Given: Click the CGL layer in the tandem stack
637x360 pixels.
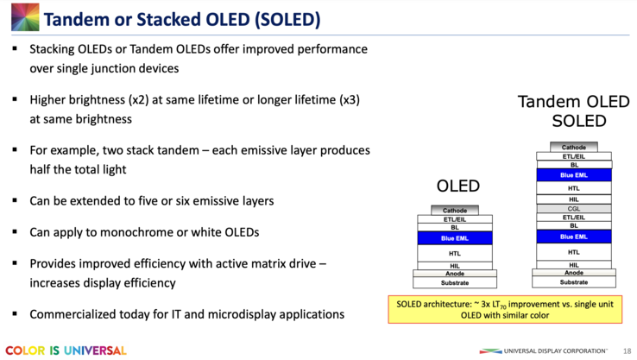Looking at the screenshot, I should (574, 208).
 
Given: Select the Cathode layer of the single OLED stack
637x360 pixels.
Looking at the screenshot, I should (455, 211).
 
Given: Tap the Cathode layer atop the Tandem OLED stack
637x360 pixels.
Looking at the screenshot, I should (574, 148).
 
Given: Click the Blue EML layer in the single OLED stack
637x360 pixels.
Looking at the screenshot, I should (455, 237).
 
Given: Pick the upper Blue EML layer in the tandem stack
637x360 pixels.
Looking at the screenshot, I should (574, 174).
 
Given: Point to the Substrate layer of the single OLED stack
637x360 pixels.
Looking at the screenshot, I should (455, 282).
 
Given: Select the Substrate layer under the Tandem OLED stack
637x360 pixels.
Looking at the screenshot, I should (574, 282).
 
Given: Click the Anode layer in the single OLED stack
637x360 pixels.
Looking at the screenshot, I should (455, 274).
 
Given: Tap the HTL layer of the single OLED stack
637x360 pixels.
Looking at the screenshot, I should (455, 253).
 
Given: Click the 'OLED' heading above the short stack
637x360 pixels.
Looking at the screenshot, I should (457, 186).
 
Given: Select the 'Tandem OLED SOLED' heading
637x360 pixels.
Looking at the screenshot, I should (568, 111).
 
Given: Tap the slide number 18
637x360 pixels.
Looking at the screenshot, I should (626, 351).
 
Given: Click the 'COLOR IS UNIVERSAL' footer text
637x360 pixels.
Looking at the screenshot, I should (66, 351).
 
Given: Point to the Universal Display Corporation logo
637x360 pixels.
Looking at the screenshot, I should (544, 351).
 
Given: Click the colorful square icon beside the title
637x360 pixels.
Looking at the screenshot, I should (19, 18).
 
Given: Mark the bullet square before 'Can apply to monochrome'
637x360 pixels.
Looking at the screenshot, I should (15, 233).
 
